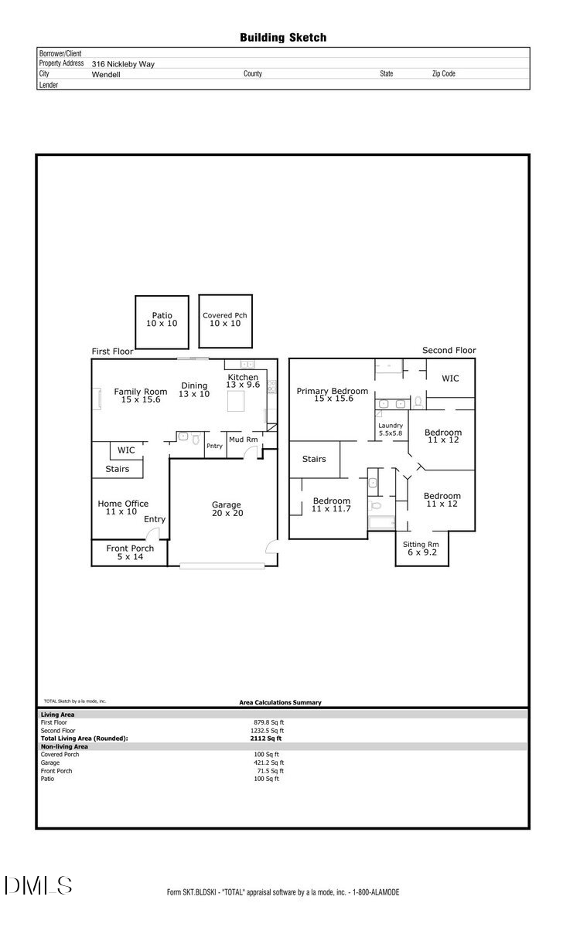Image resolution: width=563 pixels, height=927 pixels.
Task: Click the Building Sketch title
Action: click(282, 37)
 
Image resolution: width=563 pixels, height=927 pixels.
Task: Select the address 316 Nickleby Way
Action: click(123, 64)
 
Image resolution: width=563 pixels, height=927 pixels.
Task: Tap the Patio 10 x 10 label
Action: click(162, 319)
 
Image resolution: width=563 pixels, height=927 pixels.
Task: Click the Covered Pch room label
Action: click(225, 319)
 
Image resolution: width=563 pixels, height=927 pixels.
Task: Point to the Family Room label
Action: click(141, 396)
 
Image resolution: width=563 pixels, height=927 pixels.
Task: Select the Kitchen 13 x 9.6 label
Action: click(242, 380)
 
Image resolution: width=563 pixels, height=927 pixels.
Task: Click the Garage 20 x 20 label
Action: click(227, 509)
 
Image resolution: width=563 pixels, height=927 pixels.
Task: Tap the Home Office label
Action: click(123, 508)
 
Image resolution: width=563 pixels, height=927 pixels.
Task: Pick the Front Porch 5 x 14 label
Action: click(130, 552)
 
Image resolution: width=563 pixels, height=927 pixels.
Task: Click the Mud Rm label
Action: click(243, 440)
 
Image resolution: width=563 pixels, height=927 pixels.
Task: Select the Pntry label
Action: click(214, 446)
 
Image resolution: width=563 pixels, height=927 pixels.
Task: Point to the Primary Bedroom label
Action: click(333, 395)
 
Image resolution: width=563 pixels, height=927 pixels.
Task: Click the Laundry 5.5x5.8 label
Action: click(391, 430)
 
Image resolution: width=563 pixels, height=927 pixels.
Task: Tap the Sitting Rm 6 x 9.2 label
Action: click(421, 548)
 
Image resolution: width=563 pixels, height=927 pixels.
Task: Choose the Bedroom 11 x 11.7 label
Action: click(331, 504)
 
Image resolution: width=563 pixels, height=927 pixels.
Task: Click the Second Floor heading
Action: click(449, 350)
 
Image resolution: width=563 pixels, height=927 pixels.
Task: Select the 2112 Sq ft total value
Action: click(261, 739)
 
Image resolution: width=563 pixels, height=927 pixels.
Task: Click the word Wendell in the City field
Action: click(106, 75)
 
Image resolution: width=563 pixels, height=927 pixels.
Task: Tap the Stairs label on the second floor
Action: click(314, 459)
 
